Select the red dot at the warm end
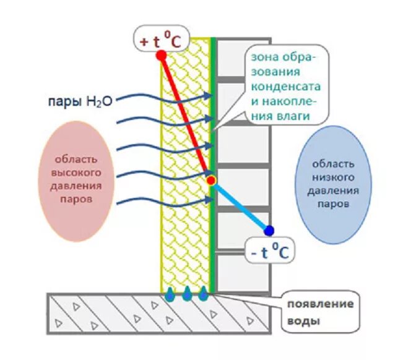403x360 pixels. coord(161,55)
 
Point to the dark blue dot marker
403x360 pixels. coord(268,231)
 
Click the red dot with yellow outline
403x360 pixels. coord(211,181)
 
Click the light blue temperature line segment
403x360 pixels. coord(240,206)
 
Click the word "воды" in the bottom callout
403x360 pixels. coord(305,322)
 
